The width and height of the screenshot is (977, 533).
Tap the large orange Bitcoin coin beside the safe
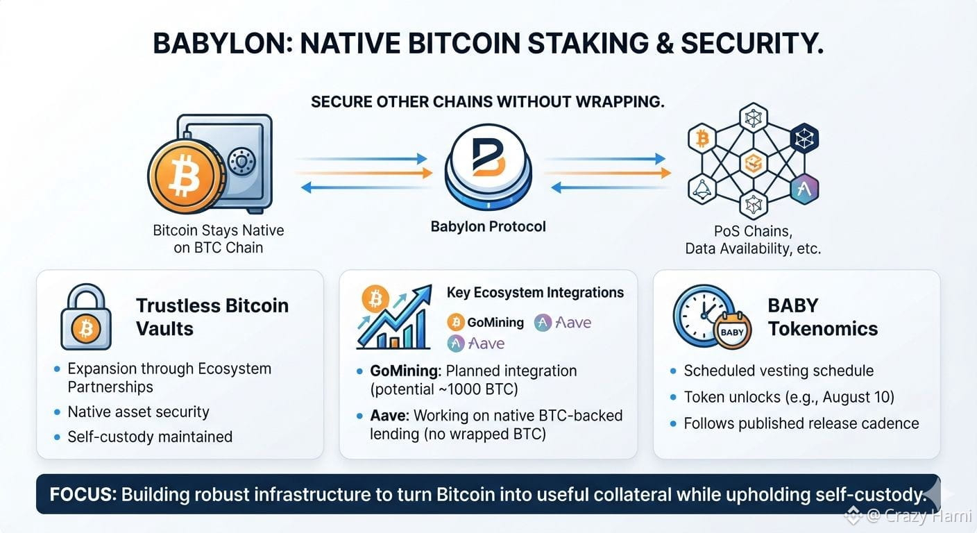coord(185,176)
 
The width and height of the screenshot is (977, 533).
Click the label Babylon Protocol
coord(488,226)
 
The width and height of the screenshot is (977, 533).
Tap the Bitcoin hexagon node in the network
coord(702,139)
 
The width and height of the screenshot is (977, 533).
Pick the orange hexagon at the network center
coord(754,163)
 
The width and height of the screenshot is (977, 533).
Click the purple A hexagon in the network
coord(804,189)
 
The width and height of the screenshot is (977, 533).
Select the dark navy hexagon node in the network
coord(804,139)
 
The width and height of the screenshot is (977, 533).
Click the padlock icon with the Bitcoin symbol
coord(86,317)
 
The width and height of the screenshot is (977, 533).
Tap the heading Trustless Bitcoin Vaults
coord(212,317)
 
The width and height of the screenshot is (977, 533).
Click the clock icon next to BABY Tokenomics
coord(702,315)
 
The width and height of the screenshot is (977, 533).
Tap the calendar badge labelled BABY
coord(732,331)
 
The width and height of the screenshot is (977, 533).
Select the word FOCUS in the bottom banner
coord(83,495)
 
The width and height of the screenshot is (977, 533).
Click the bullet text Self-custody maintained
coord(150,437)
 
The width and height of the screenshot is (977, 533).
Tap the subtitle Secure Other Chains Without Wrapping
coord(488,101)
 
